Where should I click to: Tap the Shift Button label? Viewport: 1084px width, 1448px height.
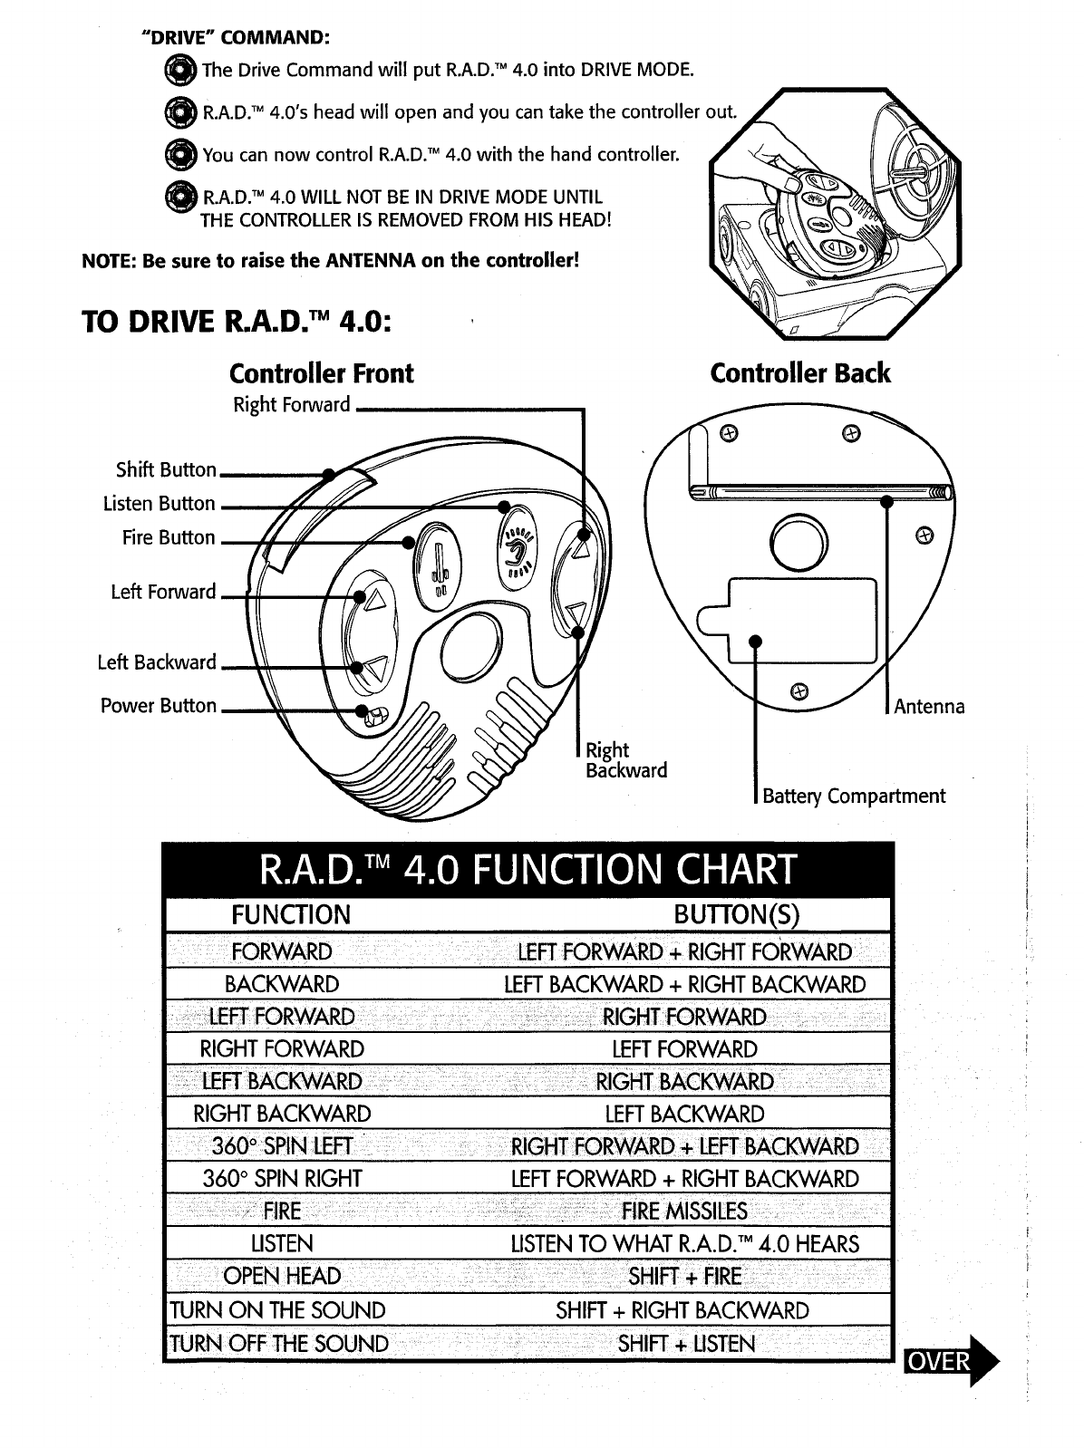click(x=166, y=469)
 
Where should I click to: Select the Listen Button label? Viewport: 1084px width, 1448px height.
click(x=160, y=503)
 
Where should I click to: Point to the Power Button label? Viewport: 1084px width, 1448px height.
click(x=159, y=705)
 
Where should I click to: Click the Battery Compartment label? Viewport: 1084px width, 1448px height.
click(x=853, y=796)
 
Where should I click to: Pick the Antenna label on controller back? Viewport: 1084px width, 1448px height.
click(x=929, y=706)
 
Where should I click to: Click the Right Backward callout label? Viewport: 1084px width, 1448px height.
click(x=625, y=760)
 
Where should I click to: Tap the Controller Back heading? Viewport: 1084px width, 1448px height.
click(x=800, y=373)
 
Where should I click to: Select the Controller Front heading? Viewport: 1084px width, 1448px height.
click(x=321, y=373)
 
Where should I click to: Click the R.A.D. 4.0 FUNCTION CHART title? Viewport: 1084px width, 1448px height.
click(x=527, y=870)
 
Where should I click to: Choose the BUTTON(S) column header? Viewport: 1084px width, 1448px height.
click(x=736, y=914)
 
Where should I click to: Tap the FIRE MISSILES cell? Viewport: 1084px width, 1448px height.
click(x=684, y=1211)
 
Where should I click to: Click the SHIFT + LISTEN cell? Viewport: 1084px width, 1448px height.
click(x=685, y=1343)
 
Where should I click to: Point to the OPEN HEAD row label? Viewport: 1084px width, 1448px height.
click(x=282, y=1277)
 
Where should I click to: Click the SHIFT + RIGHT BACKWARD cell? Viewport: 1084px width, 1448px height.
click(x=682, y=1310)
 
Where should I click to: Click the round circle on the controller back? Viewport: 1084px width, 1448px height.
click(x=798, y=543)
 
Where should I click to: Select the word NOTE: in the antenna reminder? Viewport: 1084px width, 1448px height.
click(x=108, y=261)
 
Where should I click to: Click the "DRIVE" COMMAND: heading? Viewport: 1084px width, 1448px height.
click(x=236, y=38)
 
